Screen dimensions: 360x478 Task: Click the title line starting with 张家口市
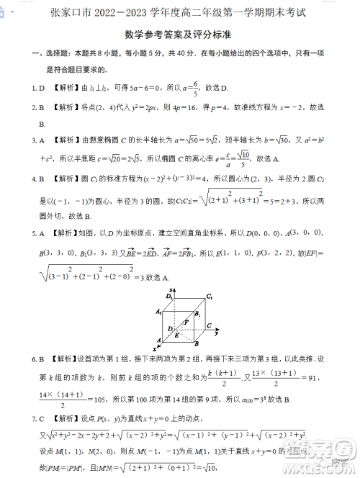(179, 12)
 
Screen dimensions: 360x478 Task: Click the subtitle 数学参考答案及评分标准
(179, 33)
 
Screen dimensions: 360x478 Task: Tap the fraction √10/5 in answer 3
(244, 157)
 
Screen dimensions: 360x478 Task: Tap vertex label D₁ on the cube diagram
(170, 296)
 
